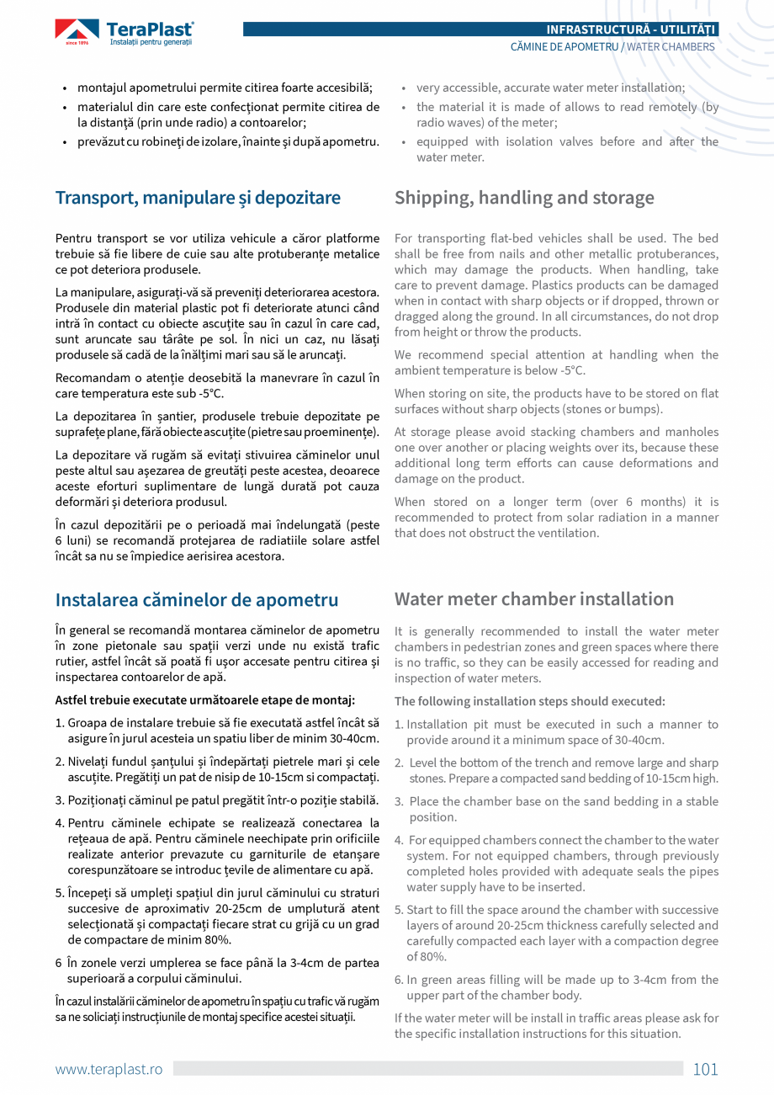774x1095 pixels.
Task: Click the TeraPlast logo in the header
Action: [125, 33]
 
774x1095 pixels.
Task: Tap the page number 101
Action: [705, 1069]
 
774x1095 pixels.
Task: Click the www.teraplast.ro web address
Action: [109, 1069]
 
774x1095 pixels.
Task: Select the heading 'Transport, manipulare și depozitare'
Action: [198, 198]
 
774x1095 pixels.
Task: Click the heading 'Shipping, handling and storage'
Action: [524, 198]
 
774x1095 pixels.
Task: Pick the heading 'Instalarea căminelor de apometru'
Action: [197, 600]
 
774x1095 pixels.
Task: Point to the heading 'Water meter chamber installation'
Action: [534, 599]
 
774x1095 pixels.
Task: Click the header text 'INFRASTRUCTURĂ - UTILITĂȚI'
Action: [632, 29]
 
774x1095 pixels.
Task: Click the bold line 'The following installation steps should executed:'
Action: [530, 701]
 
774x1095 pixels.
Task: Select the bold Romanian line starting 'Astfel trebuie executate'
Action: [204, 699]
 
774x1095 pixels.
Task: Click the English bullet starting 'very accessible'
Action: [550, 88]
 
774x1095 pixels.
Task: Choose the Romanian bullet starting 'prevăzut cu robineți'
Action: [227, 141]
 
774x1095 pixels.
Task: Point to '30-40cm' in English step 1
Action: [640, 740]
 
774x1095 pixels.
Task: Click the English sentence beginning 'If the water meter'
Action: [556, 1026]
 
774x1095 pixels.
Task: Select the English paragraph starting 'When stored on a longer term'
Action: [556, 518]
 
